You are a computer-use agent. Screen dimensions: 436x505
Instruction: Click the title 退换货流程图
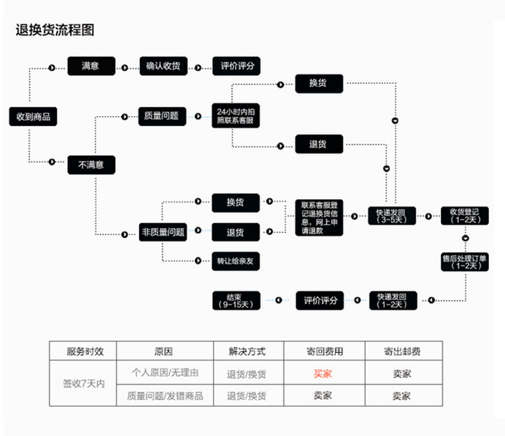[x=55, y=30]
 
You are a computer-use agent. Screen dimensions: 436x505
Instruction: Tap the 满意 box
[x=91, y=66]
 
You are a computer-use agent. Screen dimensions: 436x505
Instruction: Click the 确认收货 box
[x=163, y=66]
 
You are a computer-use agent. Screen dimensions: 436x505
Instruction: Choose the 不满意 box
[x=91, y=164]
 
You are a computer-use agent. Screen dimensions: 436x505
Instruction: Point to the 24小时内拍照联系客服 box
[x=235, y=115]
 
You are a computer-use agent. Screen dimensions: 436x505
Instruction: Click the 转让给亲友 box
[x=236, y=260]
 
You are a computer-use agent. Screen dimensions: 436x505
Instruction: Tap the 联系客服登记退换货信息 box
[x=319, y=217]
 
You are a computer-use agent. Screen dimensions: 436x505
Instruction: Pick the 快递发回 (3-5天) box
[x=392, y=215]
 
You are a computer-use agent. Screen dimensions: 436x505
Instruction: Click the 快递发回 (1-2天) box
[x=392, y=300]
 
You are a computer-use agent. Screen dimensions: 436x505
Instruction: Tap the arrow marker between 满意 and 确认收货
[x=125, y=66]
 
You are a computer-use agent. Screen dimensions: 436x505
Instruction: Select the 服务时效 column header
[x=84, y=351]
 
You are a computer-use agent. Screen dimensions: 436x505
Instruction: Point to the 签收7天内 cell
[x=84, y=384]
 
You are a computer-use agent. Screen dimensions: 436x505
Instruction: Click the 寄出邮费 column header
[x=403, y=351]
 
